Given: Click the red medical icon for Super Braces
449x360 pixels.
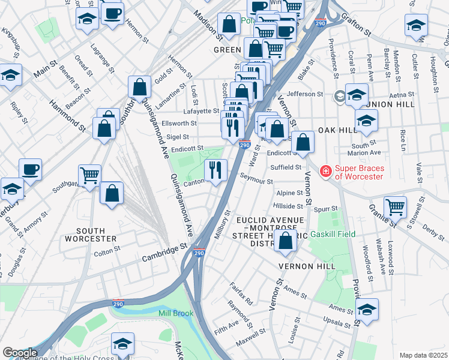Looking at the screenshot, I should click(325, 172).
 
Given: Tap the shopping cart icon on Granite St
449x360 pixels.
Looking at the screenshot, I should click(395, 208).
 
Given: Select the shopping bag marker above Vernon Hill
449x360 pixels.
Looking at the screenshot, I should click(287, 241).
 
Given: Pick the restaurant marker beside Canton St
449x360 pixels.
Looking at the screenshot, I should click(216, 170).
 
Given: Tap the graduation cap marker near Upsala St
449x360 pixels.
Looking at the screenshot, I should click(367, 310).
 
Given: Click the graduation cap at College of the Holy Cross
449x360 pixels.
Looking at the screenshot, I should click(123, 344).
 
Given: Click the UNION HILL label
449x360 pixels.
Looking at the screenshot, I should click(394, 104).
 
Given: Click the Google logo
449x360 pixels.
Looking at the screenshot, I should click(19, 353).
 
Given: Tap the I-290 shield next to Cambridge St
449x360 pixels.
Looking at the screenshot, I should click(200, 254).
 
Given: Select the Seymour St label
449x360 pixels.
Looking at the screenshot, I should click(256, 181).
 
